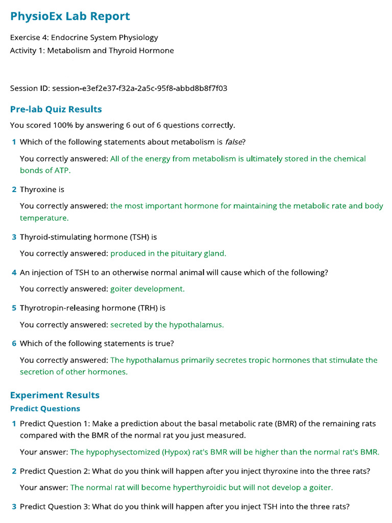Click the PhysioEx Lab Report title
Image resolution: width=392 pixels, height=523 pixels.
click(x=70, y=16)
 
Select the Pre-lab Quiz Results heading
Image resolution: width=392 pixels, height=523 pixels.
click(x=56, y=109)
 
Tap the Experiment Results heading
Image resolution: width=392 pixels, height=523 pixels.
click(x=55, y=395)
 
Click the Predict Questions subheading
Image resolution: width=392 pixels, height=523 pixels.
click(x=45, y=409)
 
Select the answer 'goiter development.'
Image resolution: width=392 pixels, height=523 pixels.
click(x=148, y=289)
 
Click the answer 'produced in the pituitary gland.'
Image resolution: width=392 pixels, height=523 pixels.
click(x=168, y=253)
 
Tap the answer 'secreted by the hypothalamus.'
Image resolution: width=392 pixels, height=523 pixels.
click(x=167, y=325)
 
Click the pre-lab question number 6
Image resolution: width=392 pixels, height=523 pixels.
click(x=14, y=344)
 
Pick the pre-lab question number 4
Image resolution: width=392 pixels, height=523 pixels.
click(x=14, y=273)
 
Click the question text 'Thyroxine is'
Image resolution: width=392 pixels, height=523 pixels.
click(x=42, y=189)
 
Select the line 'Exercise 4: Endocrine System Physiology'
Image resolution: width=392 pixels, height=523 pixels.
click(x=84, y=37)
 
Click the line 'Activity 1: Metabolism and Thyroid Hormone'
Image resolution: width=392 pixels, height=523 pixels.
click(x=92, y=51)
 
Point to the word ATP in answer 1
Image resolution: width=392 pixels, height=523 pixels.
click(x=60, y=171)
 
